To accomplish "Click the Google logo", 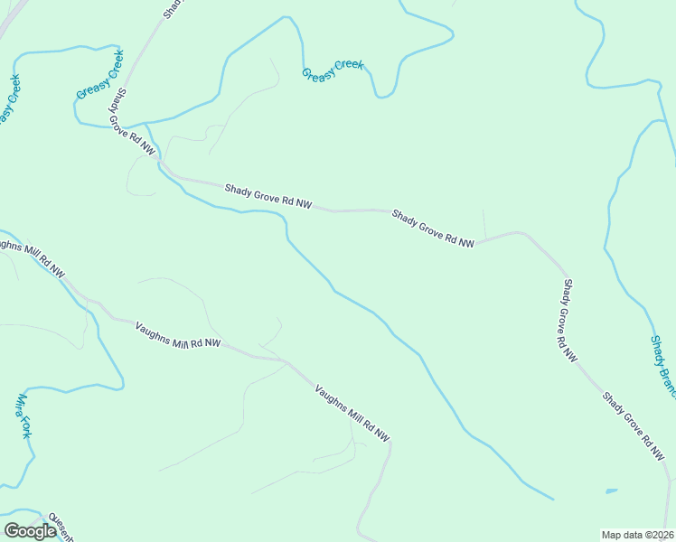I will [30, 531].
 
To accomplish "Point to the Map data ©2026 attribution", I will [637, 535].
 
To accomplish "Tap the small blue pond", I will [611, 491].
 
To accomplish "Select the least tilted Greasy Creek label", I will [333, 70].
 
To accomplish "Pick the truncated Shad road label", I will [173, 8].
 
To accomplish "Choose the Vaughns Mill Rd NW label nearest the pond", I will [352, 414].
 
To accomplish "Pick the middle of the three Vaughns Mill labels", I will [177, 335].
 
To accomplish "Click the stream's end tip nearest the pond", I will [553, 499].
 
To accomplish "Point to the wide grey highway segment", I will [11, 20].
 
